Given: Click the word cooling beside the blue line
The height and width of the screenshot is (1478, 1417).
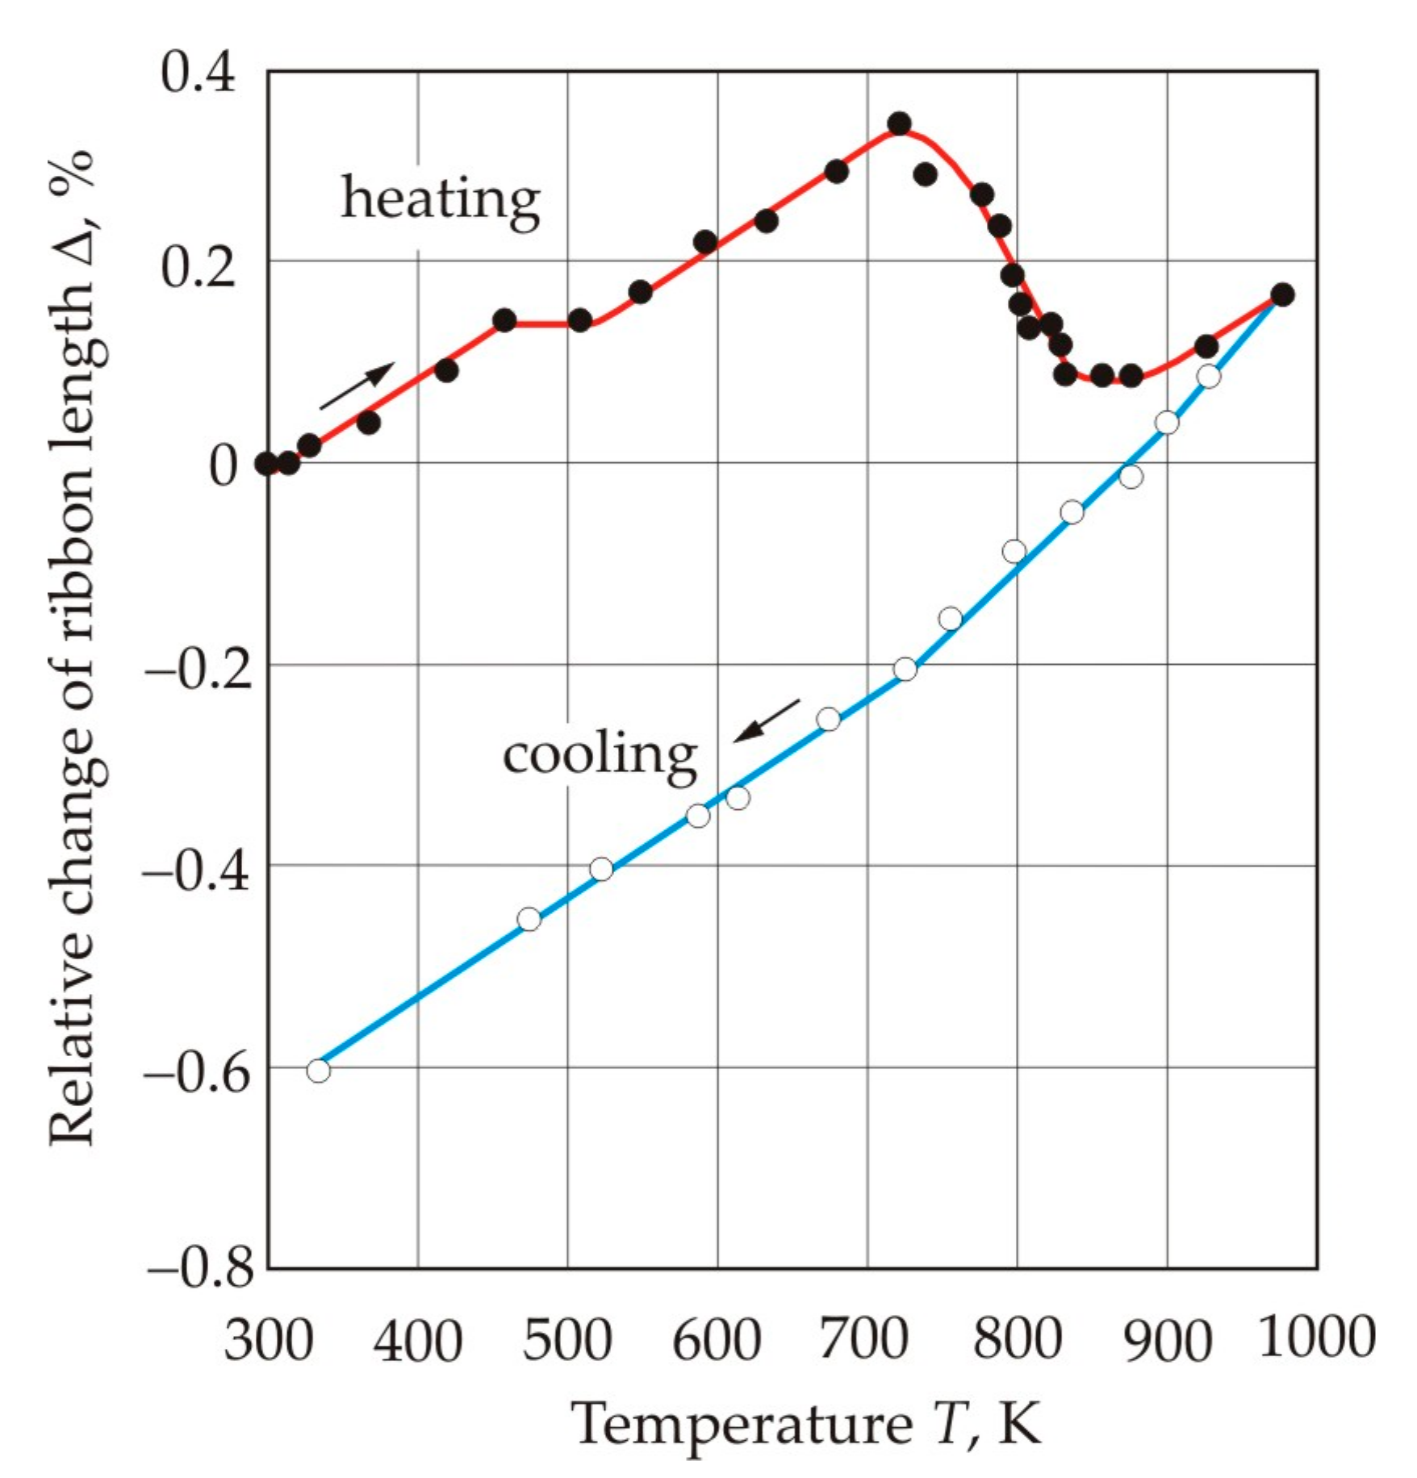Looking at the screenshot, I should tap(599, 755).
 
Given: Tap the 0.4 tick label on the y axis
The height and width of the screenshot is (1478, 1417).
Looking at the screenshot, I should tap(198, 73).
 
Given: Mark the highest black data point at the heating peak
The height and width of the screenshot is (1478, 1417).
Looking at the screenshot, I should tap(900, 123).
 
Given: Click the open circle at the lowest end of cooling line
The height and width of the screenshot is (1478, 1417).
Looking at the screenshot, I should tap(319, 1071).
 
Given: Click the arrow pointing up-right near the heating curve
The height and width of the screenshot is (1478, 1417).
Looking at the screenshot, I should tap(357, 386).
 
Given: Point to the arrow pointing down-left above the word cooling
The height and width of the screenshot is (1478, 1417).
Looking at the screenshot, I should tap(766, 720).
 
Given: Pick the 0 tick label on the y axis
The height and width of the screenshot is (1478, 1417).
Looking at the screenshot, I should tap(223, 465).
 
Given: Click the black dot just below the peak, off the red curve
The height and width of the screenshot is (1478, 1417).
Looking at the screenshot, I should tap(926, 173).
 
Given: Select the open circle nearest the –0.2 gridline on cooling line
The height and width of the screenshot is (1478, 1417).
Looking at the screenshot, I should tap(905, 670).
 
